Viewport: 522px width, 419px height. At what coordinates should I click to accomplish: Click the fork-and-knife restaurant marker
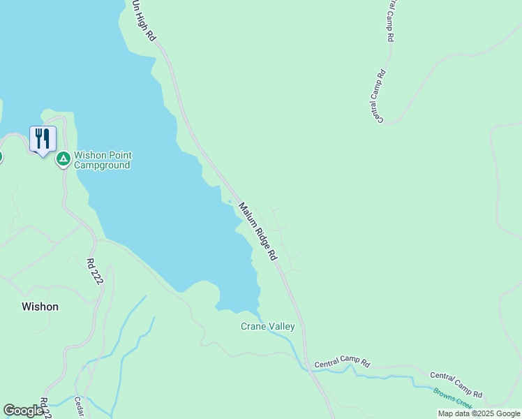43,138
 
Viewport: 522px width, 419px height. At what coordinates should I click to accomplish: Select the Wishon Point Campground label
103,160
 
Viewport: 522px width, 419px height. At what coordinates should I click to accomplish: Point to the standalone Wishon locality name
40,306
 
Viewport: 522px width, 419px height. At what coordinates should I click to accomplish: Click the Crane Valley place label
268,326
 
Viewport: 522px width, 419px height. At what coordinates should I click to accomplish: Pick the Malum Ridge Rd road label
258,233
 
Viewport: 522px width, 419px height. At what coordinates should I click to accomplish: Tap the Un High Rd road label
143,20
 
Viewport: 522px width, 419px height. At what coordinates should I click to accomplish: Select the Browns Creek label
453,398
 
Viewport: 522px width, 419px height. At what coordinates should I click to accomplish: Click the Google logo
24,411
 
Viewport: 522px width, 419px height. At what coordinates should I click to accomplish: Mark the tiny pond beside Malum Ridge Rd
230,203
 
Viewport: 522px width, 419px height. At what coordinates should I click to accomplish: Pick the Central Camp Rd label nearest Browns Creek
456,385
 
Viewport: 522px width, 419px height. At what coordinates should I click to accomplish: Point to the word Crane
253,326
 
